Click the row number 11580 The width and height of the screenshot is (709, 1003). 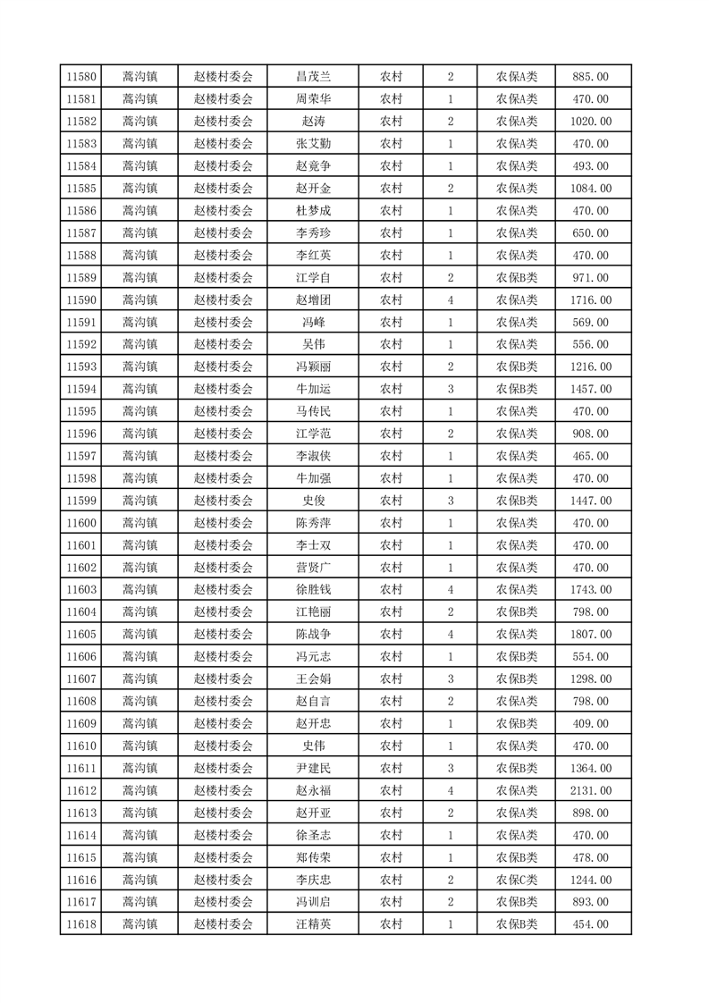[x=80, y=77]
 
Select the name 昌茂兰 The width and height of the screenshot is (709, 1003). [x=313, y=77]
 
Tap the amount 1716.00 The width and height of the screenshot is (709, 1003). [x=591, y=300]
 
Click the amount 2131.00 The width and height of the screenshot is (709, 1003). [x=591, y=790]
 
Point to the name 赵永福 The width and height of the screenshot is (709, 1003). [x=313, y=790]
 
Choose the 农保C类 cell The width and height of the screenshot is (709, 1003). [x=517, y=880]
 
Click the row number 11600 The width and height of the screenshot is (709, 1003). [x=80, y=523]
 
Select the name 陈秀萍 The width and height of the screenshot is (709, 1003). [x=313, y=523]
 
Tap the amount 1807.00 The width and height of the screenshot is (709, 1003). [x=591, y=635]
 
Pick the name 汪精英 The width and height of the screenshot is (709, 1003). [x=313, y=924]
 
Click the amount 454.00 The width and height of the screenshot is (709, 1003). [x=591, y=924]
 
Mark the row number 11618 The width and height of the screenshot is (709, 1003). [x=80, y=924]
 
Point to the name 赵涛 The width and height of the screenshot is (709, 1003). [x=313, y=122]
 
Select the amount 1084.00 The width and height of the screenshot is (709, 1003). [x=591, y=189]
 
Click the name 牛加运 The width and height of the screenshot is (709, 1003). [x=313, y=389]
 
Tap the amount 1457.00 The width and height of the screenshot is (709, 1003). [x=591, y=389]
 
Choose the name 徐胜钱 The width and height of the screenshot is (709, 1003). [x=313, y=590]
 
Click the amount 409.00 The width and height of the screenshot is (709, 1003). [x=591, y=723]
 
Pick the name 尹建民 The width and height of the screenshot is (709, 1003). [x=313, y=768]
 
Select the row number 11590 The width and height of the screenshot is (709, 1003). [x=80, y=300]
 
